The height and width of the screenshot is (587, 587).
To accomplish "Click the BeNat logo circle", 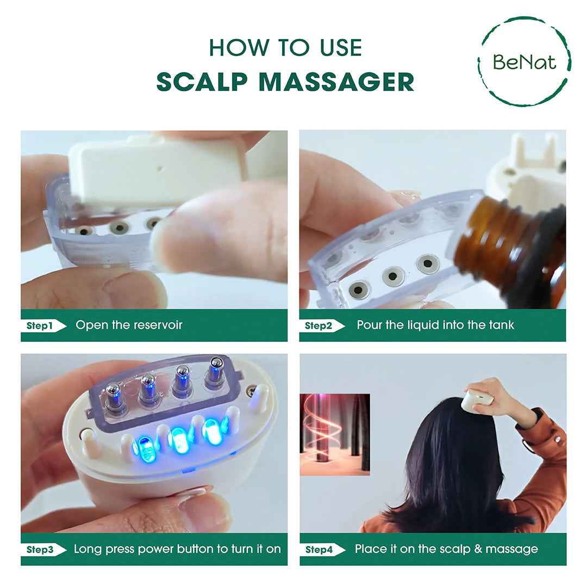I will tap(524, 61).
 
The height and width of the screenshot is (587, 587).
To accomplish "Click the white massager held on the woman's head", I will tap(478, 399).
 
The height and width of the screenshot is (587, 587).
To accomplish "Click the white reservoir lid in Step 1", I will tap(152, 168).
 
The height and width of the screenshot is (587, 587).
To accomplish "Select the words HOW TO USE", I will tap(285, 48).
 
